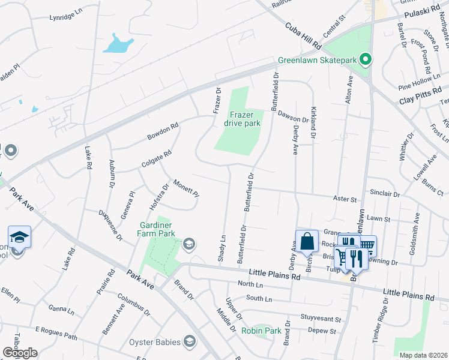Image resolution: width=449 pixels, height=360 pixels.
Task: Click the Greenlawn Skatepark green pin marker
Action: (x=364, y=59)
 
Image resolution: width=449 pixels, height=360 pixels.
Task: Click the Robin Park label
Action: (x=261, y=331)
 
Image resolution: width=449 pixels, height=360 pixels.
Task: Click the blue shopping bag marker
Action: (x=307, y=242)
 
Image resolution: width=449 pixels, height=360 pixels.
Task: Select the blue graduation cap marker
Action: (x=19, y=237)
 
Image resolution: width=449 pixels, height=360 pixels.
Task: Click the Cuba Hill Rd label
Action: (x=303, y=37)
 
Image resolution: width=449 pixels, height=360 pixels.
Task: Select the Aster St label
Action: (x=345, y=199)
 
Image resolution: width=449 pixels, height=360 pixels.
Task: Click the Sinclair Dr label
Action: (x=385, y=194)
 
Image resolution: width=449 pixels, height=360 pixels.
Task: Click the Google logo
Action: (x=20, y=353)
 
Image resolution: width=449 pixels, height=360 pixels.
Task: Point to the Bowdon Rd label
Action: (x=163, y=132)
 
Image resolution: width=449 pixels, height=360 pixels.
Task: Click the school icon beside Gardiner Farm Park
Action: (x=189, y=243)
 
